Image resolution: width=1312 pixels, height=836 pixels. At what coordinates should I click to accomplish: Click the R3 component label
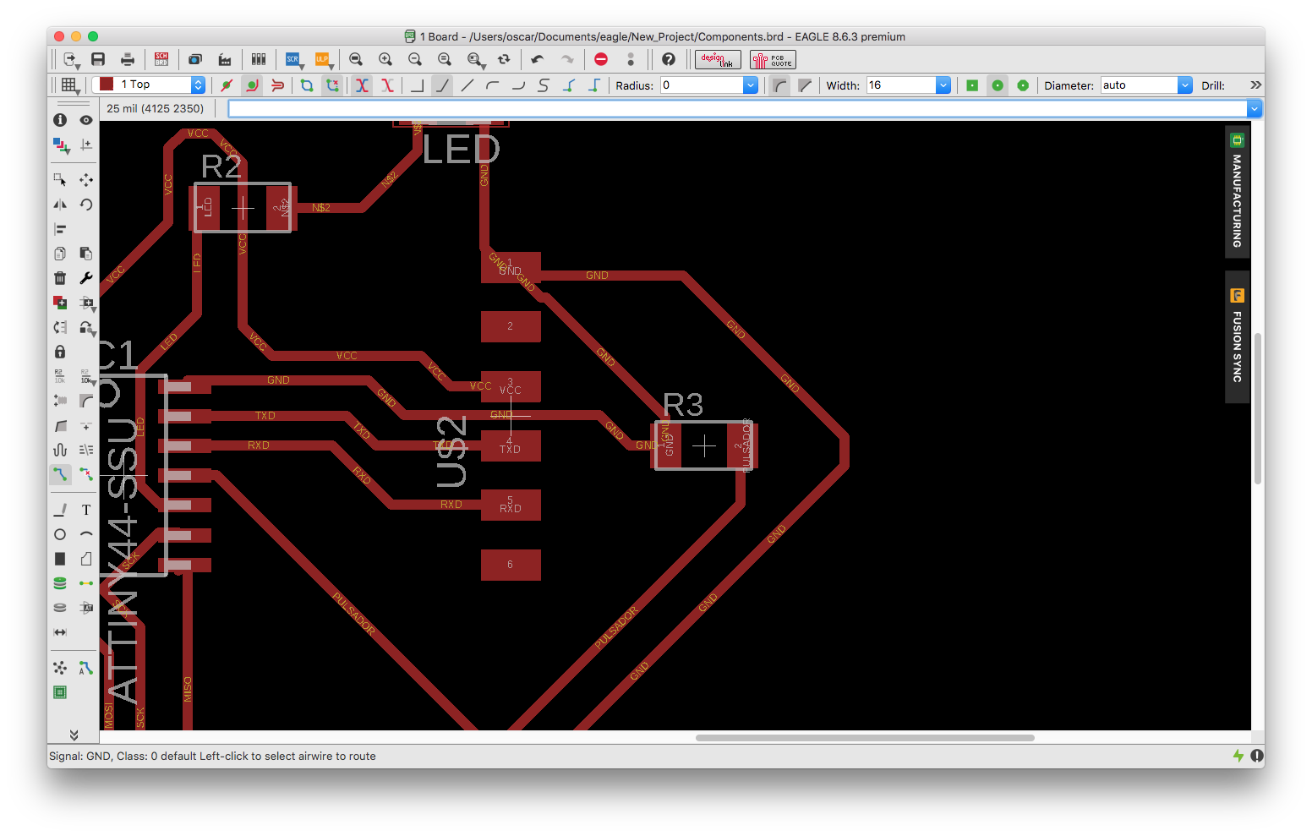(x=683, y=405)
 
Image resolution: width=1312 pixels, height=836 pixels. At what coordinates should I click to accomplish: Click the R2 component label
(x=221, y=167)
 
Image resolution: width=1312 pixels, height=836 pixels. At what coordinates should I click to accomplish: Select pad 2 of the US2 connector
(x=511, y=326)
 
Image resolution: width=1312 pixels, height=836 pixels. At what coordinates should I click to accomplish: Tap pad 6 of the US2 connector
(x=511, y=565)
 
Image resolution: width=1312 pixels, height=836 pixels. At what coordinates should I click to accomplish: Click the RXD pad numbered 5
(x=511, y=505)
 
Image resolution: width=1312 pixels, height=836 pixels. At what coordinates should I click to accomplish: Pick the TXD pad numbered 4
(x=511, y=445)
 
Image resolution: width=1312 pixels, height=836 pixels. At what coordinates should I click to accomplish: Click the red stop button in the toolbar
(x=601, y=59)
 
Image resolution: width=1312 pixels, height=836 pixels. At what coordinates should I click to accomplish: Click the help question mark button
(x=669, y=59)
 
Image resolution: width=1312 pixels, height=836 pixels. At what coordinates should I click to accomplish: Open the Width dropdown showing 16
(x=943, y=85)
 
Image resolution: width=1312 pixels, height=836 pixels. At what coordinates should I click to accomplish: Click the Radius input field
(x=702, y=85)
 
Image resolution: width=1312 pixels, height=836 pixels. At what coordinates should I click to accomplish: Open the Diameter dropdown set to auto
(x=1184, y=85)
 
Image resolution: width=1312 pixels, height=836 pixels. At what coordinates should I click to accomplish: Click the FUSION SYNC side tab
(x=1237, y=337)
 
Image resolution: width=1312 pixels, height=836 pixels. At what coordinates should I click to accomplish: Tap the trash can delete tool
(x=60, y=278)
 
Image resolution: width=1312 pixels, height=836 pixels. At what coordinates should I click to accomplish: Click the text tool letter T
(x=86, y=510)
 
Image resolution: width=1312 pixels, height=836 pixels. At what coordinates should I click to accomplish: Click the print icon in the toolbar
(x=128, y=59)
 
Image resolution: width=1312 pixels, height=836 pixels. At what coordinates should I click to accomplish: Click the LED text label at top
(x=461, y=150)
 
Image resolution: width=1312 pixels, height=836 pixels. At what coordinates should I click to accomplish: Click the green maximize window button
(x=93, y=36)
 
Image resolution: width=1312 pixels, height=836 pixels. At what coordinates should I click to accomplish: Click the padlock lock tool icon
(x=60, y=352)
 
